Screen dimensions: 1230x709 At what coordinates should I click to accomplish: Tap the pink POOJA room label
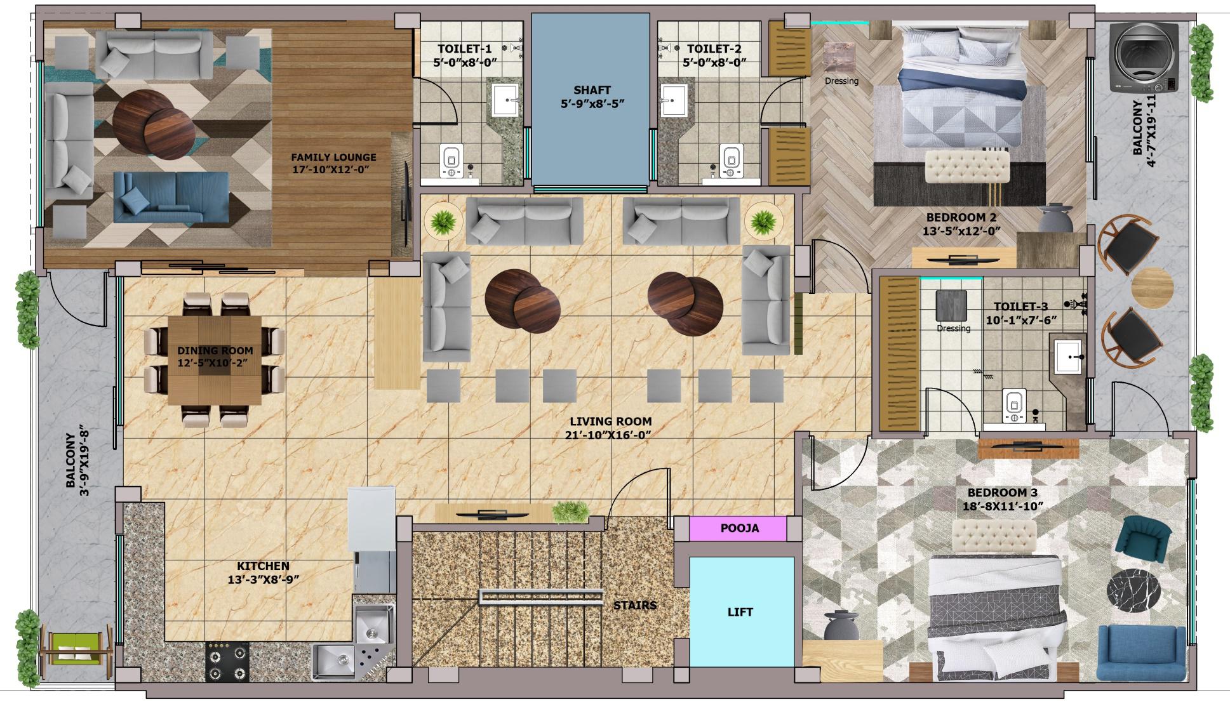pos(739,528)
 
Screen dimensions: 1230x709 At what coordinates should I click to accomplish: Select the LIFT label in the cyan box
pos(740,612)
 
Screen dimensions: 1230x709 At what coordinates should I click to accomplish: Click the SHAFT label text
pos(592,90)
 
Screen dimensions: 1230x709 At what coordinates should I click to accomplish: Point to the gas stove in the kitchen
pos(227,662)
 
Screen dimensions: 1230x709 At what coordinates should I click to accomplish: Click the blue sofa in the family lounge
pos(171,197)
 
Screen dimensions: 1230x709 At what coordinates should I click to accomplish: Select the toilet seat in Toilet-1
pos(451,161)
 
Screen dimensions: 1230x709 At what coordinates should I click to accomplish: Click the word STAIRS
pos(634,606)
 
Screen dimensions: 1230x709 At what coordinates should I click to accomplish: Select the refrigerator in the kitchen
pos(371,519)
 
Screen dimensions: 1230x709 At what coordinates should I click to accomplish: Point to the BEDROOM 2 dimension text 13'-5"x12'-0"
pos(961,232)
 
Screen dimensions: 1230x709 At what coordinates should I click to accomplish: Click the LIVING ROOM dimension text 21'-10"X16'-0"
pos(609,435)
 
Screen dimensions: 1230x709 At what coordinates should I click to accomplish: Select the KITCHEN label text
pos(263,566)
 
